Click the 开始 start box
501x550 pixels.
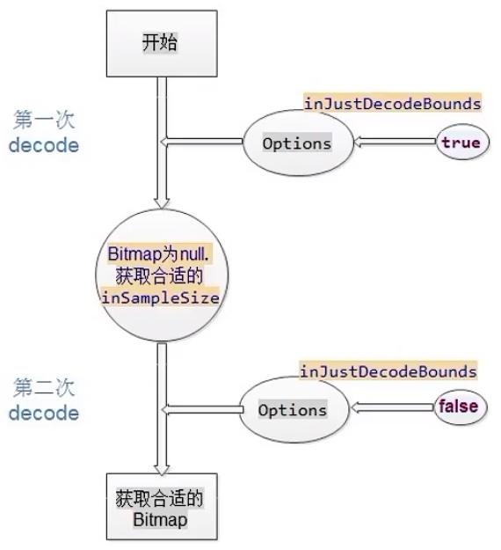(162, 43)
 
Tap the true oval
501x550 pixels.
(462, 142)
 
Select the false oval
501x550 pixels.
(461, 407)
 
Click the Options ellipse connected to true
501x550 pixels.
(298, 143)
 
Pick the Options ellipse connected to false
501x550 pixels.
(294, 410)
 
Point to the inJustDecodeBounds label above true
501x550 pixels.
(392, 104)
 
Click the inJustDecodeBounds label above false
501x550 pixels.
(388, 371)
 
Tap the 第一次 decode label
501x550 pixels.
(44, 131)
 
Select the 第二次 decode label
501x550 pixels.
(44, 400)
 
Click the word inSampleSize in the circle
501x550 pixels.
(161, 297)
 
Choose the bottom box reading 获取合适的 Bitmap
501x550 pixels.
(162, 507)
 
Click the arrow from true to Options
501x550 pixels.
(396, 142)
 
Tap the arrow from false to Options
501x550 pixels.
(392, 407)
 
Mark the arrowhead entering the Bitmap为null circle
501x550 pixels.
(162, 203)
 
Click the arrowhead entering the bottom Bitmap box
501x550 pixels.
(162, 470)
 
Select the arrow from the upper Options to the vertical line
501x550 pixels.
(202, 142)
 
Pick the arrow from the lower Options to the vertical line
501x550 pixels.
(202, 409)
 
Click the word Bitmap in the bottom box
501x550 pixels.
(160, 519)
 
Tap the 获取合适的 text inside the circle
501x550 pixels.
(159, 275)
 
